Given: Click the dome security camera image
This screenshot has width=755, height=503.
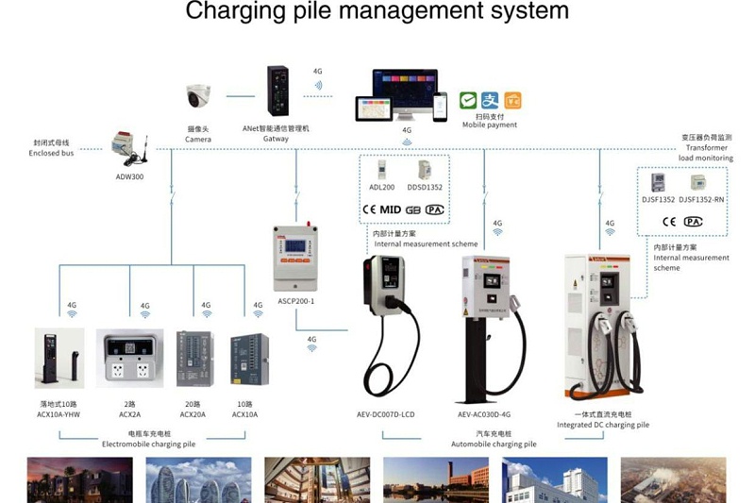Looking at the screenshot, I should click(199, 96).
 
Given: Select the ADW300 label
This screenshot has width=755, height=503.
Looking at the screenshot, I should click(129, 176).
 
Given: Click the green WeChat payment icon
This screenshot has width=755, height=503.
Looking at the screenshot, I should click(468, 100).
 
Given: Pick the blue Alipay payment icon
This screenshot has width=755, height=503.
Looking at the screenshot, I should click(490, 100).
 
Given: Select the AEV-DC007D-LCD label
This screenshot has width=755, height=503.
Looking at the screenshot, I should click(385, 414).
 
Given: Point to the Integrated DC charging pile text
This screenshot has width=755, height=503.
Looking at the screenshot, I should click(602, 425).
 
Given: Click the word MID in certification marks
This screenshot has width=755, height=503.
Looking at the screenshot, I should click(391, 210).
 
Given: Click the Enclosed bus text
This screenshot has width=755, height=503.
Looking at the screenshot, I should click(51, 153).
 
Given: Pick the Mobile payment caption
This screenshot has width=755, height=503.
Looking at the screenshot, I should click(489, 125).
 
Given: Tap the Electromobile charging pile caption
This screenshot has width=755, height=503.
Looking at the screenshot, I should click(149, 443).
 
